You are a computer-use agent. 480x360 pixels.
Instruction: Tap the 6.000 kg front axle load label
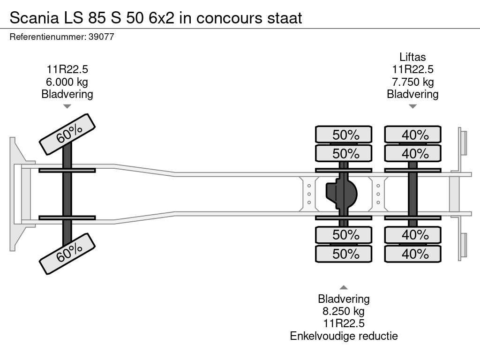(x=67, y=82)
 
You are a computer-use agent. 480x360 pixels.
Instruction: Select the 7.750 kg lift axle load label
(x=412, y=82)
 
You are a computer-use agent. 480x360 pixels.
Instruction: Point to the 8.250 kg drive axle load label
(x=344, y=311)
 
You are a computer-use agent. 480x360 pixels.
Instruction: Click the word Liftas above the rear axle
(x=412, y=57)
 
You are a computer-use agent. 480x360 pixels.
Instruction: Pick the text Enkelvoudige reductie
(x=344, y=336)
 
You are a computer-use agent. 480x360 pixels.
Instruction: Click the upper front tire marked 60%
(x=67, y=134)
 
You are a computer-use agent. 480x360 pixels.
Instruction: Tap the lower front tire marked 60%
(x=67, y=254)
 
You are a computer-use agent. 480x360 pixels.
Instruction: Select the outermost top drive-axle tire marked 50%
(x=344, y=135)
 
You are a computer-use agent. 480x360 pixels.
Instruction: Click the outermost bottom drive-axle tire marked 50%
(x=344, y=254)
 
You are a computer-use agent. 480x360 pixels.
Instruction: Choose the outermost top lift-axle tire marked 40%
(x=413, y=135)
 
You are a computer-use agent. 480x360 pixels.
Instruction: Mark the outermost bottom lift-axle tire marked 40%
(x=413, y=254)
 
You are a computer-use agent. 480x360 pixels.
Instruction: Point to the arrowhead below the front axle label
(x=67, y=106)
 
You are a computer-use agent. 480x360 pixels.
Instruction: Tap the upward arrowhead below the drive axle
(x=344, y=287)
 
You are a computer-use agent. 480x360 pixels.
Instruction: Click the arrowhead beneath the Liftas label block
(x=412, y=106)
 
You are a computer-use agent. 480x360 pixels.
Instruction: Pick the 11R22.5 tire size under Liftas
(x=412, y=70)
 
